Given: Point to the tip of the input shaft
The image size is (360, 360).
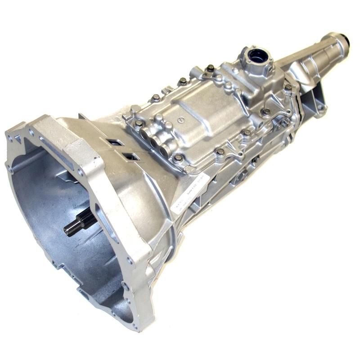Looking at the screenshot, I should (x=67, y=230).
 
